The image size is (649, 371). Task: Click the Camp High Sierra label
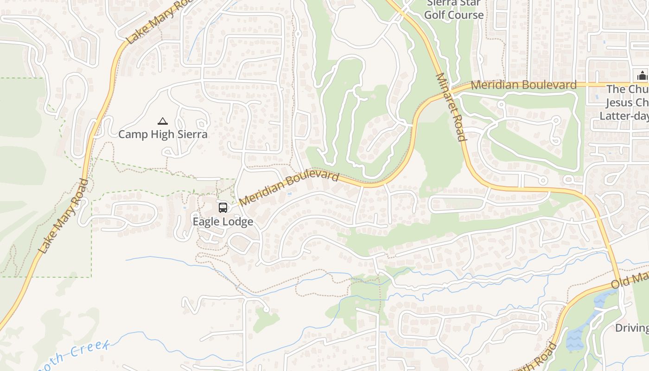click(x=163, y=134)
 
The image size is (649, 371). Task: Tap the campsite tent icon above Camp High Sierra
click(x=162, y=122)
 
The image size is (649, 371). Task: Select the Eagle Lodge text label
click(x=223, y=222)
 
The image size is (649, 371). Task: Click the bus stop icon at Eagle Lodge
click(x=223, y=207)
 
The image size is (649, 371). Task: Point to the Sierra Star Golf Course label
click(x=454, y=9)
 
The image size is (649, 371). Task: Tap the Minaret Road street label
click(x=450, y=107)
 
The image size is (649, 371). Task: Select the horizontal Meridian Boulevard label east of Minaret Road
click(x=523, y=85)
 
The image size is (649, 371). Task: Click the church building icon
click(x=642, y=75)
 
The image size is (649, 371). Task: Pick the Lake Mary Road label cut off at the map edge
click(x=160, y=21)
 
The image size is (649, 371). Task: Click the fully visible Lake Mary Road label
click(x=64, y=216)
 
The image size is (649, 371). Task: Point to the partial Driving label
click(x=632, y=328)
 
